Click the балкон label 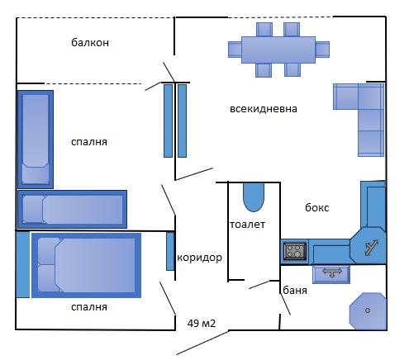90,43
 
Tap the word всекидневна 264,109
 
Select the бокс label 316,207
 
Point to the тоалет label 247,225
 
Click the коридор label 199,258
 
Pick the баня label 295,290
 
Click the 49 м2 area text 202,323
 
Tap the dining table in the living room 278,50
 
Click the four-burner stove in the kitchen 295,251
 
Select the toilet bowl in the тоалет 254,197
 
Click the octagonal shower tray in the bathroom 368,311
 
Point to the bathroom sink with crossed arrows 331,274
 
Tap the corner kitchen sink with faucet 369,245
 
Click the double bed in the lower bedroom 87,265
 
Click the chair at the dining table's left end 235,50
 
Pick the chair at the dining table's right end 322,50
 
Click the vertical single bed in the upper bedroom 36,140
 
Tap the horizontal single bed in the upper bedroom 72,209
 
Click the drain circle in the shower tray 368,310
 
